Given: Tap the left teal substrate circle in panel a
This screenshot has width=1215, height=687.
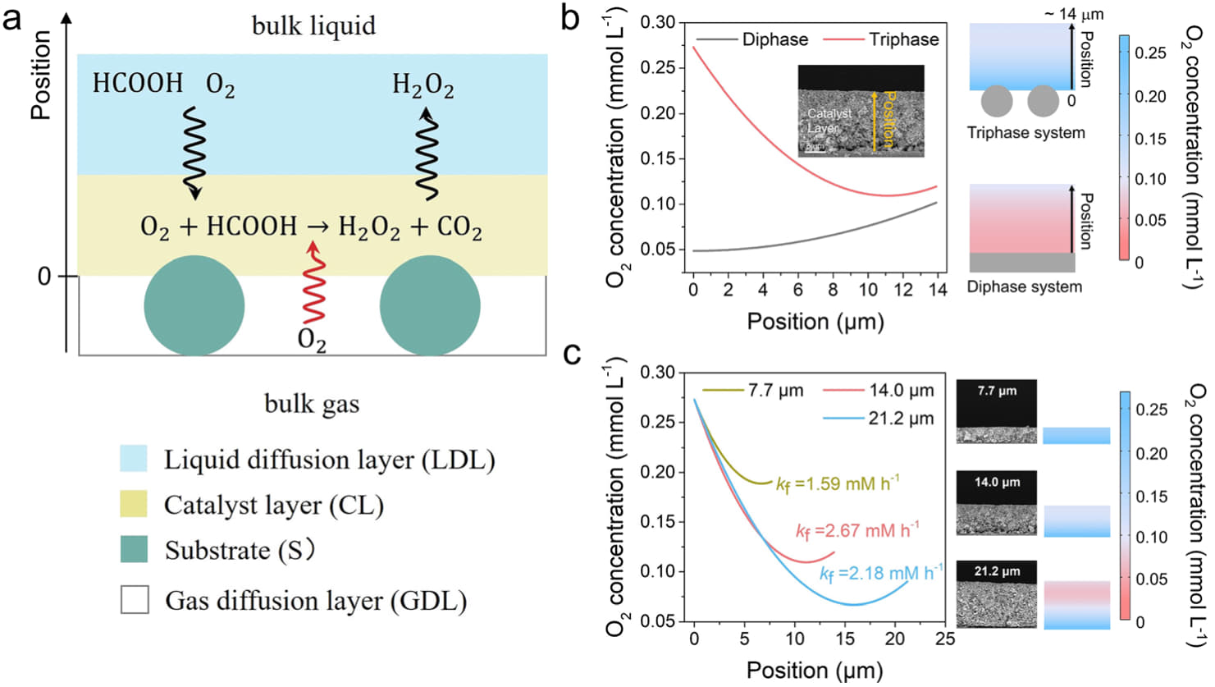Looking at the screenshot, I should coord(194,305).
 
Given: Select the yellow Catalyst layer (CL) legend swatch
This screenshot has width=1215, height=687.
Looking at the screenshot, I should coord(134,504).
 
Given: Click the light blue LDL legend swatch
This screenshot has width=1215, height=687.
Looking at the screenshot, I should coord(134,459).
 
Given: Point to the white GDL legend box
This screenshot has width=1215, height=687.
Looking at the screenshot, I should coord(135,600).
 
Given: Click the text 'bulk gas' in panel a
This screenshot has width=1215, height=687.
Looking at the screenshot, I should coord(312,403).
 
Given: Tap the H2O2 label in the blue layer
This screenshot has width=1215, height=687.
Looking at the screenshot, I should coord(423,85).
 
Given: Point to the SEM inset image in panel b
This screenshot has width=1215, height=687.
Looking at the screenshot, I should coord(861,111).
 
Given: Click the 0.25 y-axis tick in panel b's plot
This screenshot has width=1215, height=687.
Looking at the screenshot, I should coord(657,67).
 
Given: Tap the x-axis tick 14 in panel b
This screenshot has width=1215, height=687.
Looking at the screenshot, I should coord(938,289).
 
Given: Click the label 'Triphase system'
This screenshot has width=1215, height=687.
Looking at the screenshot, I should coord(1025,133).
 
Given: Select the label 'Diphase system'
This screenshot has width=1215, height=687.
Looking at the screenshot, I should coord(1024,286).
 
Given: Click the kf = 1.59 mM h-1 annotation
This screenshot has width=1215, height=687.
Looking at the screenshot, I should coord(837,483).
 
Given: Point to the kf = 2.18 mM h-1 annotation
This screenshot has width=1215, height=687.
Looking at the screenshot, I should coord(881,573).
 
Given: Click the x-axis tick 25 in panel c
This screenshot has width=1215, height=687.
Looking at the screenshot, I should coord(945,639).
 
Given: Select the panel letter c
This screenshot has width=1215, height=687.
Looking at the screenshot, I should coord(573,354).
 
